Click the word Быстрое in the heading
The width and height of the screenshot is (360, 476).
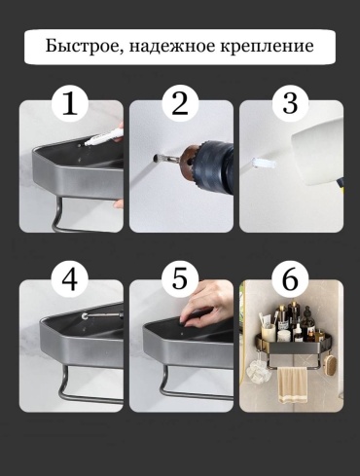(x=83, y=46)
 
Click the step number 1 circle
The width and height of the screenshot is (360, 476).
(x=70, y=103)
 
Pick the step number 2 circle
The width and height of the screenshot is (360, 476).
(x=180, y=103)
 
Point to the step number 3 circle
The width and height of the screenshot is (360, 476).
(x=290, y=103)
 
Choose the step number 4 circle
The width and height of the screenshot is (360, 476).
(x=70, y=278)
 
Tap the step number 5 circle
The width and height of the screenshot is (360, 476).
(x=180, y=278)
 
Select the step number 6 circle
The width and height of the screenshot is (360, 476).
(x=290, y=278)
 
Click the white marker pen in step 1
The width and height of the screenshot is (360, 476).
(x=103, y=136)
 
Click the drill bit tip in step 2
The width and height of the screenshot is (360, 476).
(x=154, y=158)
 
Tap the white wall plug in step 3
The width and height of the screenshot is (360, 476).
(x=264, y=163)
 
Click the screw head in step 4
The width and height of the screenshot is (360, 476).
(x=85, y=315)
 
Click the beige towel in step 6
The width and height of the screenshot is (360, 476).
(x=293, y=385)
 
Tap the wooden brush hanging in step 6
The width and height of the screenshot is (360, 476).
(x=330, y=364)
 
